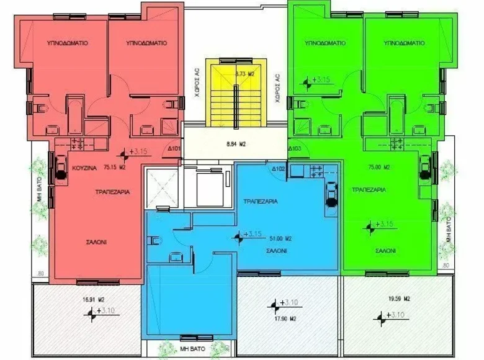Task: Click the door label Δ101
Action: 174,149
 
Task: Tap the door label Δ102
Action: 278,168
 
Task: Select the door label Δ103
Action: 295,149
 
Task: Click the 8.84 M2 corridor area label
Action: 235,144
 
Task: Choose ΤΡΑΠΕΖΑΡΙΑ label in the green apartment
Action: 370,189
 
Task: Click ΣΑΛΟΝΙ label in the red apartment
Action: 92,243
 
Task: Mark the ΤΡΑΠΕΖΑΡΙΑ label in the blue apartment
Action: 260,201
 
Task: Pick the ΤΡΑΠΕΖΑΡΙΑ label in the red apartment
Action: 112,193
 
